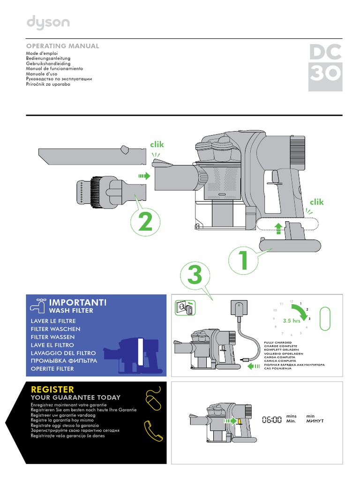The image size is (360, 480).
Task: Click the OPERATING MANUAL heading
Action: coord(62,46)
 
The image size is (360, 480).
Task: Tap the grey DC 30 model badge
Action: coord(325,67)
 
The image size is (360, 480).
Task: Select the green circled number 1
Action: coord(243,261)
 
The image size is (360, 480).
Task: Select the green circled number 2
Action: coord(146,223)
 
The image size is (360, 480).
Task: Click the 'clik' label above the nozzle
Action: coord(157,144)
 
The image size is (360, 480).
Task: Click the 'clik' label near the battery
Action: coord(316,202)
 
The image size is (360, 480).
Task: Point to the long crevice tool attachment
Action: coord(91,154)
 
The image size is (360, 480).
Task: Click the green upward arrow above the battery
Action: coord(278,228)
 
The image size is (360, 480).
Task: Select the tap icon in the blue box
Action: coord(37,305)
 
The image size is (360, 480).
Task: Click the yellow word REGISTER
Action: coord(52,389)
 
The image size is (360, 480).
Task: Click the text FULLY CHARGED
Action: coord(278,343)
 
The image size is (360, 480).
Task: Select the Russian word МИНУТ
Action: coord(315,421)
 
